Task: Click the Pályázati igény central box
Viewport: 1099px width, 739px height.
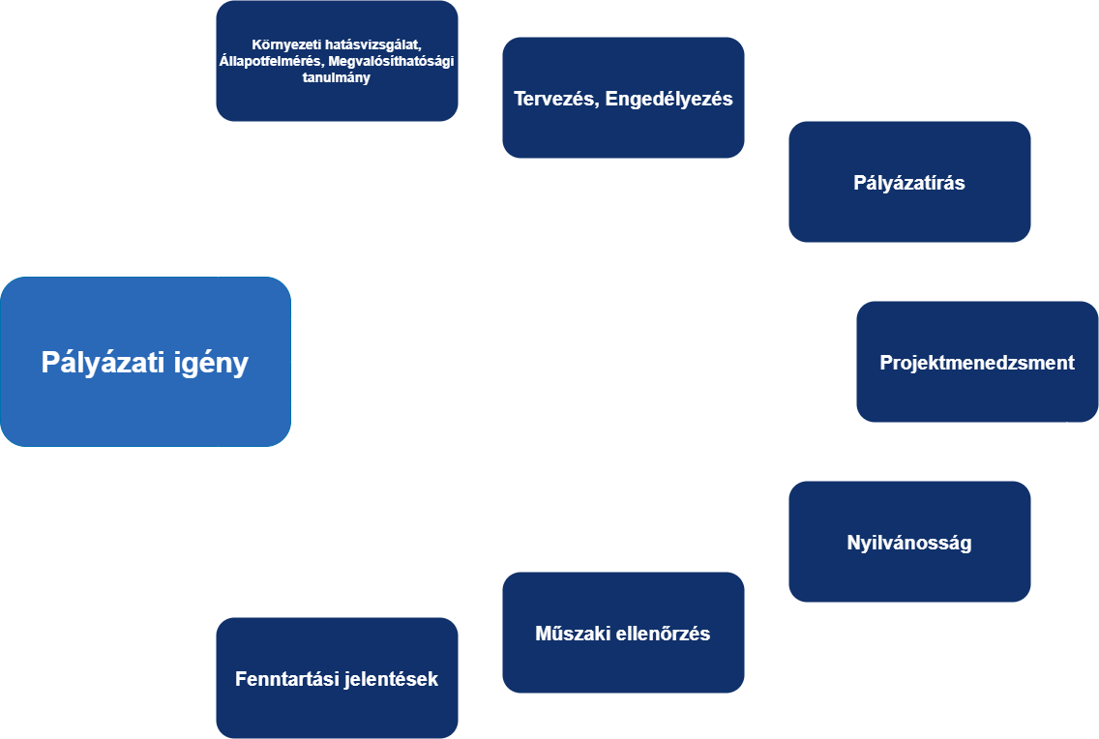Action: (x=145, y=362)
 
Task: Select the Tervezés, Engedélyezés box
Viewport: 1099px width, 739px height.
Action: (x=623, y=98)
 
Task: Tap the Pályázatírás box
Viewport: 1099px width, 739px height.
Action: (x=909, y=182)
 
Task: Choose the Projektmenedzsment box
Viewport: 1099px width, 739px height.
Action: (x=977, y=362)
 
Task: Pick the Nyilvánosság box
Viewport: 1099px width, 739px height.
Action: (x=909, y=542)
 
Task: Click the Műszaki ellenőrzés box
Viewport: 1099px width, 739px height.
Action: (x=623, y=634)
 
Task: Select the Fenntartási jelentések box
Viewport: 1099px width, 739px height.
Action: (x=337, y=678)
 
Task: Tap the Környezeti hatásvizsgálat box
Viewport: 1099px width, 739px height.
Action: (x=337, y=60)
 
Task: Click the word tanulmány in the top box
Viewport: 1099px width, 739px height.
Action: (x=337, y=78)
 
